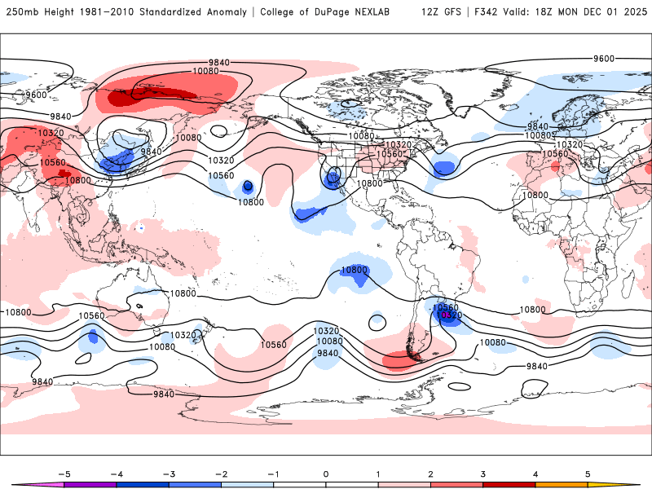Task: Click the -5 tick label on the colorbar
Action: [x=63, y=473]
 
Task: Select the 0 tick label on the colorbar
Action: [x=326, y=473]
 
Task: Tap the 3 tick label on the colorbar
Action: [x=482, y=473]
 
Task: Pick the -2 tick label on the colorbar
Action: [x=220, y=473]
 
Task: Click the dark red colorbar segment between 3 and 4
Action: [x=509, y=484]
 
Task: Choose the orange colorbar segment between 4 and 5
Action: [x=561, y=484]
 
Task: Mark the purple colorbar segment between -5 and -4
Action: [x=90, y=484]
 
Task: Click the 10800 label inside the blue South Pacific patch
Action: [x=355, y=270]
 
